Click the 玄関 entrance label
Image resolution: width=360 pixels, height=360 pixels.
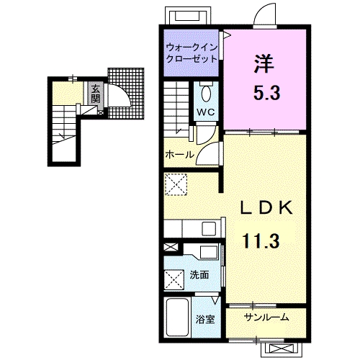[96, 94]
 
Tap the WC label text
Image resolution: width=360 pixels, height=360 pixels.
[206, 112]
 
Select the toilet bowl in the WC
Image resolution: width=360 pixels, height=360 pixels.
[206, 94]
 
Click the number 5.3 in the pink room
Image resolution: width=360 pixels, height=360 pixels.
[267, 93]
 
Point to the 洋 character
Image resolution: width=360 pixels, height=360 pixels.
[264, 63]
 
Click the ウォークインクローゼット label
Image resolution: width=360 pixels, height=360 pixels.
[192, 53]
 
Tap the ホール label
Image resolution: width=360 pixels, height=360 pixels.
[180, 154]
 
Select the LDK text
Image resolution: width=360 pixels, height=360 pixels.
[267, 207]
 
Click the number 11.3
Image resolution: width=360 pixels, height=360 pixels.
[261, 240]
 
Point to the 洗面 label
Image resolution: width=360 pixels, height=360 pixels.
[199, 275]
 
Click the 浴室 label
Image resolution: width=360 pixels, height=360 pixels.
[205, 320]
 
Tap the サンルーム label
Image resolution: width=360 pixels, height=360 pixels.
[266, 318]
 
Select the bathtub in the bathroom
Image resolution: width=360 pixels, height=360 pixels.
[178, 317]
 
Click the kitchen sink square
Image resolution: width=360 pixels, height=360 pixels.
[209, 229]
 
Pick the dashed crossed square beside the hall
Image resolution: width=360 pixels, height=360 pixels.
[176, 184]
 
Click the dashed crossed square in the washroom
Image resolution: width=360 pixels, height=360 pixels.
[174, 280]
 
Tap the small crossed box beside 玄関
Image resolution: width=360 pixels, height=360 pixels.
[101, 112]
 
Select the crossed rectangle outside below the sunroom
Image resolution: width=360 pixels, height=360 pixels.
[282, 348]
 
